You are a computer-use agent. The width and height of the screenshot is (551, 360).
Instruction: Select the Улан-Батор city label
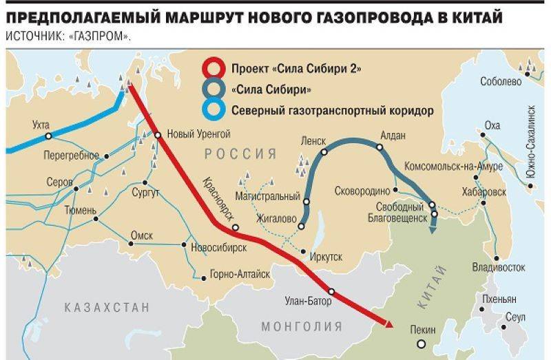307,300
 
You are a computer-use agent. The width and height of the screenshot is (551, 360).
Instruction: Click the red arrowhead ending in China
388,323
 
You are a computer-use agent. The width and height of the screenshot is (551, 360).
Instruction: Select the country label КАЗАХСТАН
106,307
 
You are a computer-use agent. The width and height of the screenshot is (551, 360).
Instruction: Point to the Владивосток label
494,266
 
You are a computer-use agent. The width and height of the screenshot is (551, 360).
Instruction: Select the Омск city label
141,235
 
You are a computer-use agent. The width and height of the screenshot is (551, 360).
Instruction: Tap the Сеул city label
514,318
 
